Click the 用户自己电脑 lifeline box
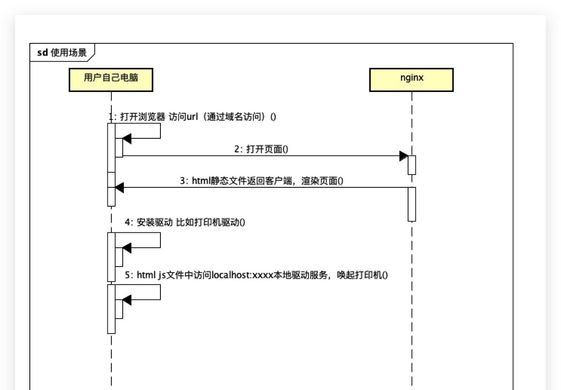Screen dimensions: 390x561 coord(111,80)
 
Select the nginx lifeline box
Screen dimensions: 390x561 coord(411,80)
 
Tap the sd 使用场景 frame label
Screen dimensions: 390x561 coord(62,53)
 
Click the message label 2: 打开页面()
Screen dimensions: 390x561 coord(261,149)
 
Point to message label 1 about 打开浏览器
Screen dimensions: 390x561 coord(193,116)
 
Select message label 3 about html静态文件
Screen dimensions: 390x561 coord(261,181)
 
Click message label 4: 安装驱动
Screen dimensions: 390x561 coord(185,222)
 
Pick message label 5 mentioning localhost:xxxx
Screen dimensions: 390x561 coord(256,275)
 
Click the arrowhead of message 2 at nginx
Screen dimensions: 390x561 coord(404,156)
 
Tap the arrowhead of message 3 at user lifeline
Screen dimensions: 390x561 coord(119,188)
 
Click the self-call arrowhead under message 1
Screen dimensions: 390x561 coord(127,139)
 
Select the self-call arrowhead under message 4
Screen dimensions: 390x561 coord(127,248)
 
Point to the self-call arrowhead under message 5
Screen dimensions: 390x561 coord(127,300)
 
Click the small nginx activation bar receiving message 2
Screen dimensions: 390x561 coord(412,165)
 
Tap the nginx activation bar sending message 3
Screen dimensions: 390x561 coord(412,204)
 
